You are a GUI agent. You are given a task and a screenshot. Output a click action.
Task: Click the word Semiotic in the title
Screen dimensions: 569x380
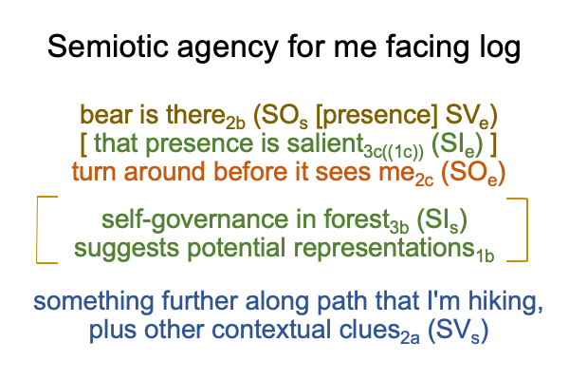coord(108,46)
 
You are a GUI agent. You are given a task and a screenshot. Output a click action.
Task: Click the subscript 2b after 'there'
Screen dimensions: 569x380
coord(235,123)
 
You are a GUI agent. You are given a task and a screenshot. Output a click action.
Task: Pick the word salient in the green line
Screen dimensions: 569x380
coord(325,142)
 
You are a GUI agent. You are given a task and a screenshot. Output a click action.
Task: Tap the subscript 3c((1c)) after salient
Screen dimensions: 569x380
coord(394,152)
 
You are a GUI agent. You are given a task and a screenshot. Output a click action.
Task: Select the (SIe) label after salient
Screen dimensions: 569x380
coord(457,144)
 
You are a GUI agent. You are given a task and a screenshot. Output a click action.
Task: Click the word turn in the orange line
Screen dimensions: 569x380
coord(94,172)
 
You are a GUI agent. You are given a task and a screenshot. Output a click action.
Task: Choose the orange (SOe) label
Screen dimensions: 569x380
coord(473,173)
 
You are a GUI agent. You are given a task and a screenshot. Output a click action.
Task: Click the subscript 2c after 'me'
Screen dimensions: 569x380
coord(424,180)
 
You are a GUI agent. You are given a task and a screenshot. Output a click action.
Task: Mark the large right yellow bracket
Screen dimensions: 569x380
coord(526,230)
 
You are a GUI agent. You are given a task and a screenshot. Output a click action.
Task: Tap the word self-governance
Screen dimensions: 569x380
coord(195,220)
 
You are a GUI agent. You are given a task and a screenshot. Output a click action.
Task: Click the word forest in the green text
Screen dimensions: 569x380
coord(357,219)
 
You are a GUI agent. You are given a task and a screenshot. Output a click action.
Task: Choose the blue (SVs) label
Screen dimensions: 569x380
coord(458,331)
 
